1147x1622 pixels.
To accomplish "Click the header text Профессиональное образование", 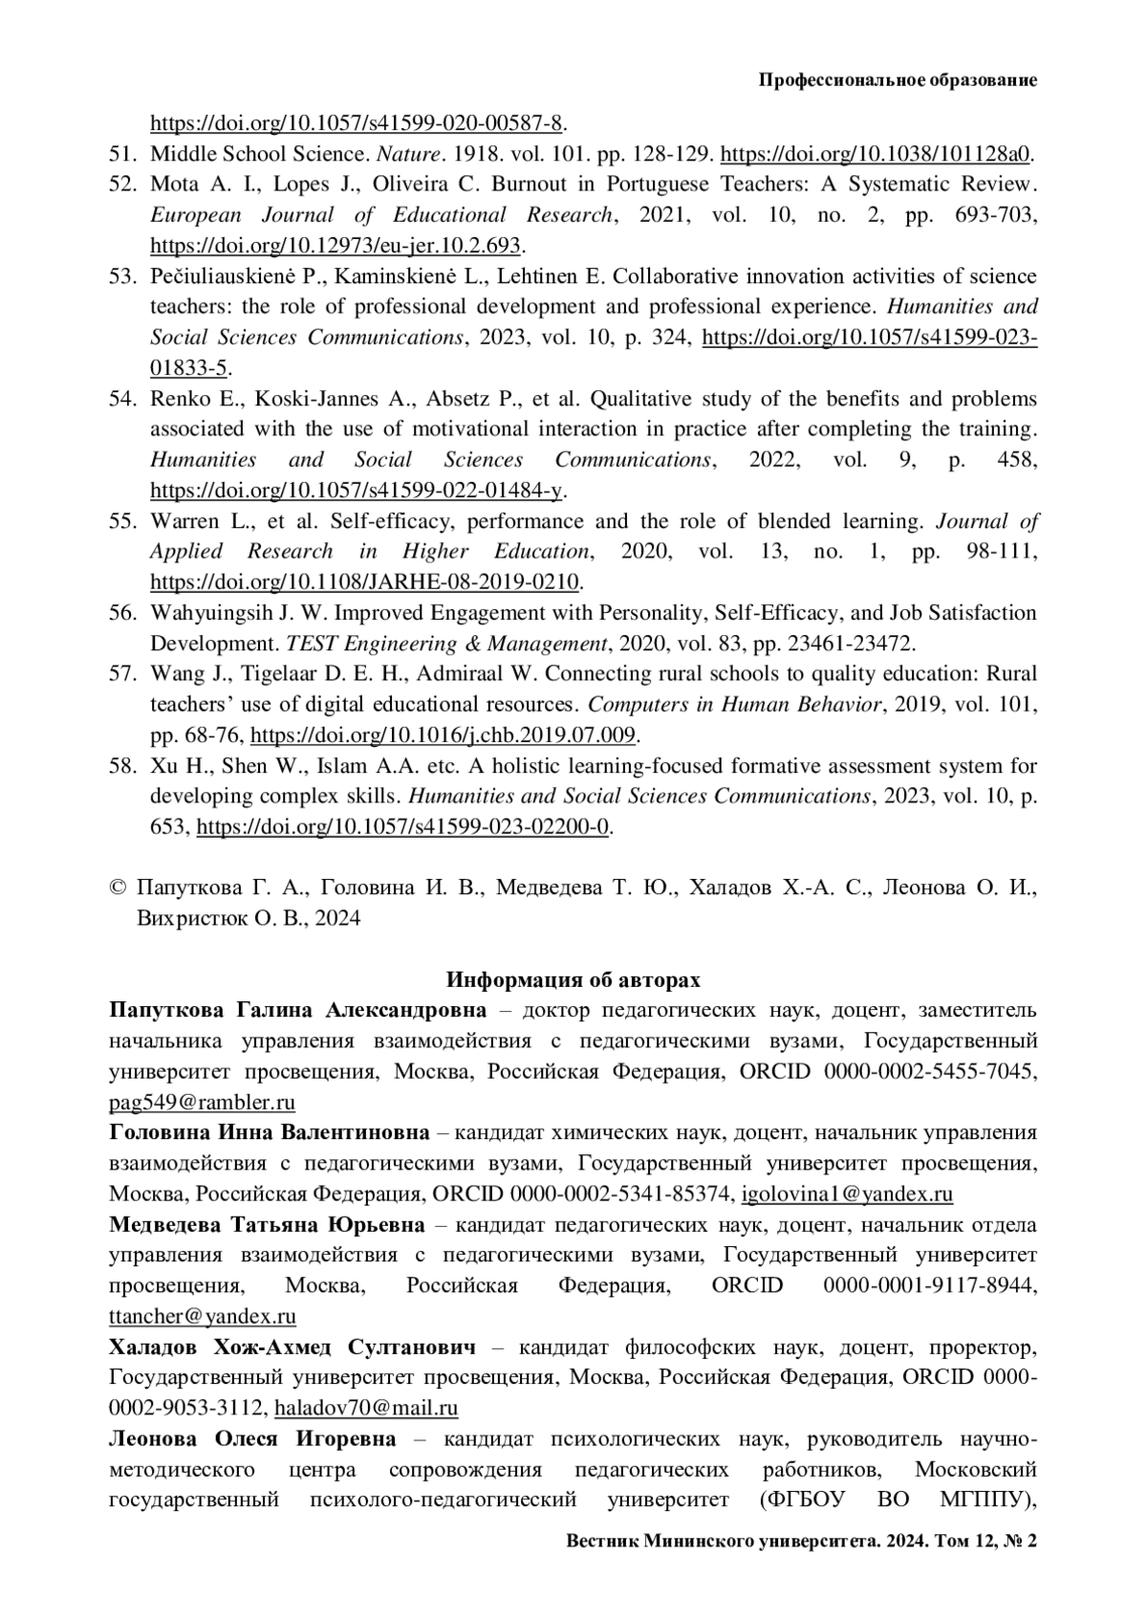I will pos(898,80).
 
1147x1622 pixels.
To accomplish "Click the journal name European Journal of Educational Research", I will pos(380,215).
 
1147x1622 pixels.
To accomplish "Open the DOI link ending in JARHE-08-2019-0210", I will pos(365,582).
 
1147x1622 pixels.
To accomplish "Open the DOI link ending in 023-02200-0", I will pos(402,827).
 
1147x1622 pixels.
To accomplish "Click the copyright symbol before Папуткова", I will pos(119,888).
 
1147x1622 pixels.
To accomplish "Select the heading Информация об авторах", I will pos(573,980).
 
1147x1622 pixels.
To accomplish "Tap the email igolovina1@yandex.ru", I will pos(847,1195).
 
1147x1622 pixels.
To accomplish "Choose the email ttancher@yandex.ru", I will pos(203,1317).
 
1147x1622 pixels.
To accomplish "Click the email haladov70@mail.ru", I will pos(366,1409).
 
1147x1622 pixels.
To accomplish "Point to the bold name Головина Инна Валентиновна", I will pos(270,1133).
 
